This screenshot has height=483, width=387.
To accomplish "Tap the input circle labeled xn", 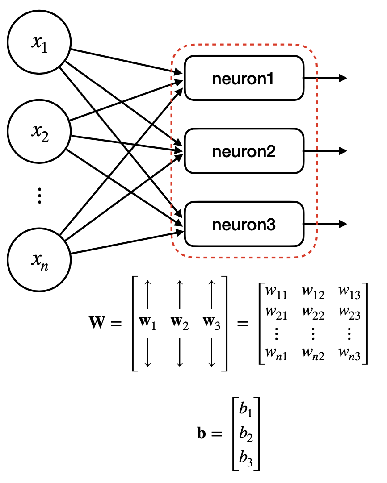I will [x=40, y=258].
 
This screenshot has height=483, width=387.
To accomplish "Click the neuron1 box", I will [x=244, y=78].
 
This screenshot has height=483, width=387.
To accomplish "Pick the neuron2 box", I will [x=244, y=151].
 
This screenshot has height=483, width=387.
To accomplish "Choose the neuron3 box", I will [x=244, y=225].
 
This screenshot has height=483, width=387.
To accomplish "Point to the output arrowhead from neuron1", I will [x=343, y=78].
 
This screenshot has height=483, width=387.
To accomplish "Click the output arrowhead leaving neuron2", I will [x=343, y=151].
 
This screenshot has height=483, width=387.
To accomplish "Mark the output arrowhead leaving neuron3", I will [x=343, y=225].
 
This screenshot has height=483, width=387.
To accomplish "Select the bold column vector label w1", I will [x=149, y=322].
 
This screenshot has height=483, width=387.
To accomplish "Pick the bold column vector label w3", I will [x=211, y=322].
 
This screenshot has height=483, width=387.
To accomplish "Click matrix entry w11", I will [x=276, y=293].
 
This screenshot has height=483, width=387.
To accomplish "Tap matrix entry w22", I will [x=313, y=312].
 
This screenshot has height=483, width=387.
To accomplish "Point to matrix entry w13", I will [x=349, y=293].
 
